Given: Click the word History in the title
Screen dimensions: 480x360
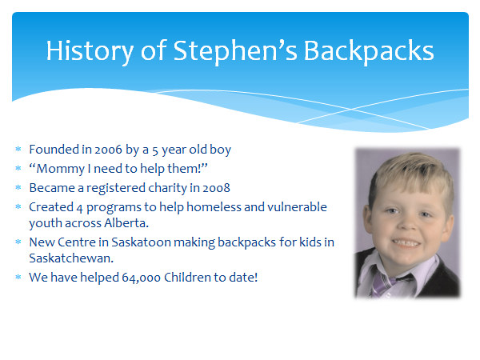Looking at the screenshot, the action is click(90, 51).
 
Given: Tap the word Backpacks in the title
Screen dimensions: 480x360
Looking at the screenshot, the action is click(369, 51).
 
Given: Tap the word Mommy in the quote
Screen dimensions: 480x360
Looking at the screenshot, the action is click(60, 169).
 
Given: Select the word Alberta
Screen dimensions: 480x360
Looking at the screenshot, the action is click(126, 223).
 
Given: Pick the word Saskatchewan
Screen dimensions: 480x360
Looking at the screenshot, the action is click(71, 258).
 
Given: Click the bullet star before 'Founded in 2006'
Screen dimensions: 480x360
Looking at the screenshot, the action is click(18, 149).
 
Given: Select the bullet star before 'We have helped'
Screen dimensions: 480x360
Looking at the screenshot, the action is click(18, 277).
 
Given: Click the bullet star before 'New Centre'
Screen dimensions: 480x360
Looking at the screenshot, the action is click(18, 242).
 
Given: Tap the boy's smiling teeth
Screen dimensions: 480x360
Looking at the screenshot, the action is click(406, 242).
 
